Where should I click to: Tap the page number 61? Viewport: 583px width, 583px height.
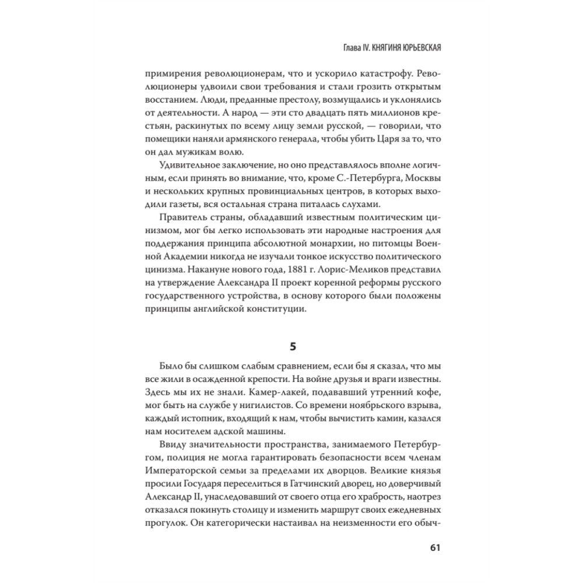tap(434, 547)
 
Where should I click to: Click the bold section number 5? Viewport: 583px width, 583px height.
tap(293, 347)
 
